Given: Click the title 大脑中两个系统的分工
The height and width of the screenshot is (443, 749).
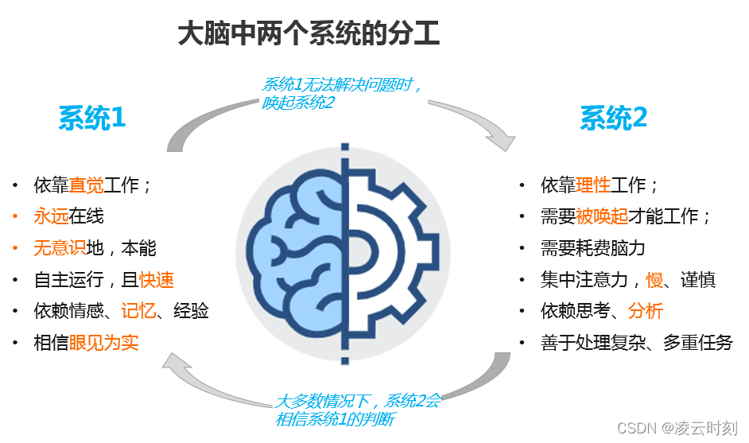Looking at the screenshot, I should click(x=309, y=34).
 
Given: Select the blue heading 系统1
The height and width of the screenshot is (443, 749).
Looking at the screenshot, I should click(x=92, y=119).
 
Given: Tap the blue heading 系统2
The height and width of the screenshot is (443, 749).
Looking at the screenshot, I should click(x=613, y=119).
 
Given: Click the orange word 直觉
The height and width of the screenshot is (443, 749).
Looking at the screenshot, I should click(x=86, y=186).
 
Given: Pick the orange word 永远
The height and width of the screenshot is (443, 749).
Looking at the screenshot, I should click(x=51, y=216).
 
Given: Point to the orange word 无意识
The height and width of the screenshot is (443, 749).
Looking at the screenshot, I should click(x=60, y=248).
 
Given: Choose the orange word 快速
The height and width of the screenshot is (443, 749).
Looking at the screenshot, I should click(x=156, y=280).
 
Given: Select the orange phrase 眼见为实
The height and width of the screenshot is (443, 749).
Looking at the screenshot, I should click(x=103, y=343).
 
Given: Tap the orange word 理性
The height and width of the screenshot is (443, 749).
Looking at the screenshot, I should click(x=593, y=186).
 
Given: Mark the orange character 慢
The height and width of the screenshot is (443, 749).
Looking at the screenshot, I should click(x=654, y=280).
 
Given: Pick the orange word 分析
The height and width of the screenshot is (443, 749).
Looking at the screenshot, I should click(x=645, y=311).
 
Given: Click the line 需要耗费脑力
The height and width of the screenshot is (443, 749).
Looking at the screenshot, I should click(x=592, y=248).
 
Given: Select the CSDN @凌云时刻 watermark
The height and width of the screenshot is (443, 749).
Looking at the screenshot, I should click(x=677, y=427).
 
